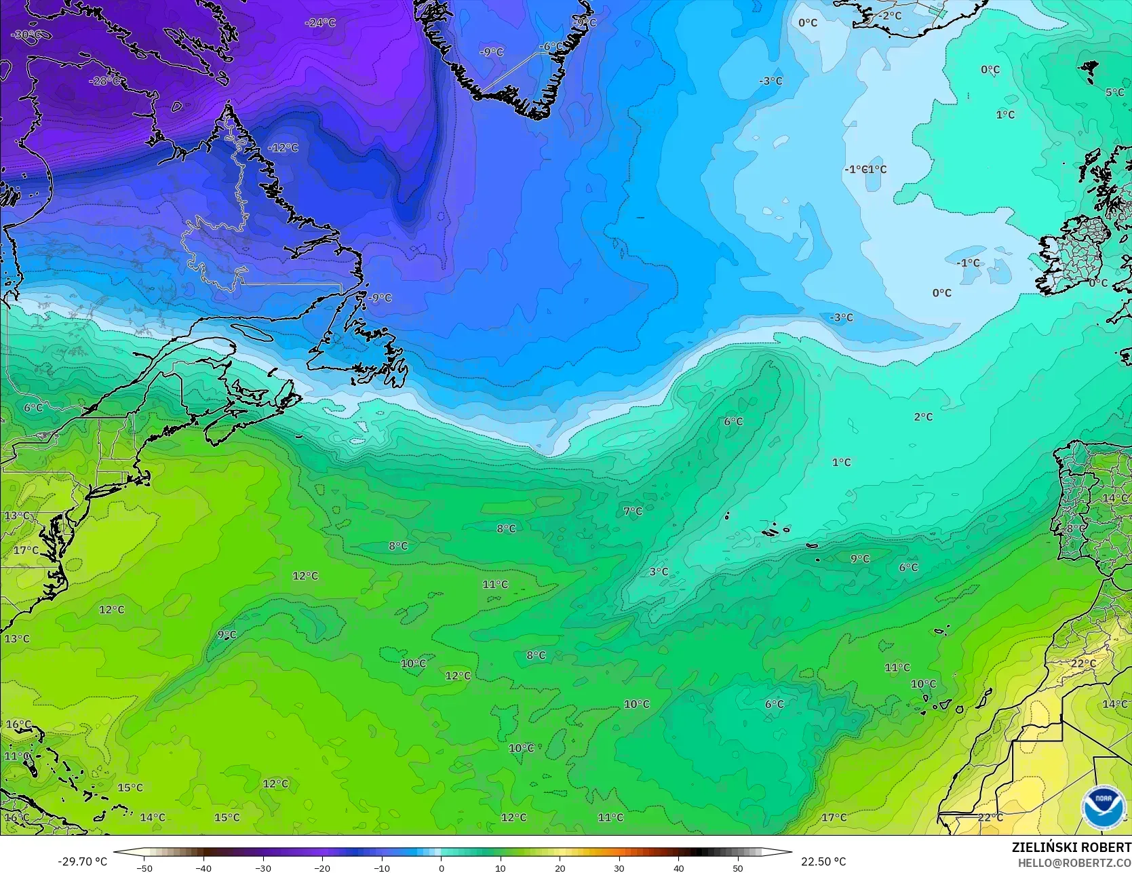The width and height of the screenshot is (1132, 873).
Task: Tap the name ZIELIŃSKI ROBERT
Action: click(x=1071, y=847)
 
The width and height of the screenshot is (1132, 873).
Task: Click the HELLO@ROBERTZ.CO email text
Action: click(x=1073, y=861)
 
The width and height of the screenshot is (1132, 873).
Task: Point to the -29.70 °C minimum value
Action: click(x=83, y=861)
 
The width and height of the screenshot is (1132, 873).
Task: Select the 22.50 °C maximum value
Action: click(x=823, y=861)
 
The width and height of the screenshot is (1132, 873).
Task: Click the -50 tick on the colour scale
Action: click(x=144, y=868)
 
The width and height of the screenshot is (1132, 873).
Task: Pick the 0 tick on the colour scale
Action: click(x=441, y=868)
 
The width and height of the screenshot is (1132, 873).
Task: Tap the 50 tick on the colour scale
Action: click(x=738, y=868)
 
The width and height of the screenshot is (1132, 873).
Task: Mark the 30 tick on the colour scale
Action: click(x=619, y=868)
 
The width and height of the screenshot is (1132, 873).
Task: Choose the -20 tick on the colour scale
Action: click(x=322, y=868)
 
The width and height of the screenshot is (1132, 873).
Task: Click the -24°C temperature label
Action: click(x=320, y=22)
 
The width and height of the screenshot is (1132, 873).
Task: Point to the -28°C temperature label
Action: click(x=105, y=81)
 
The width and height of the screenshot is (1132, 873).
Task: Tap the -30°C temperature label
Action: click(x=26, y=35)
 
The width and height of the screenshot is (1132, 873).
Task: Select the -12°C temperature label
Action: click(x=283, y=147)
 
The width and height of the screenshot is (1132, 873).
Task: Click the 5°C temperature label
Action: click(x=1115, y=92)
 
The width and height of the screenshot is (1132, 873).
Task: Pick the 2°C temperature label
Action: click(x=923, y=416)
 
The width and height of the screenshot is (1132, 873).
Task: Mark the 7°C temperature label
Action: click(x=633, y=511)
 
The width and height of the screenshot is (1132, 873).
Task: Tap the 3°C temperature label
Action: click(x=659, y=571)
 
